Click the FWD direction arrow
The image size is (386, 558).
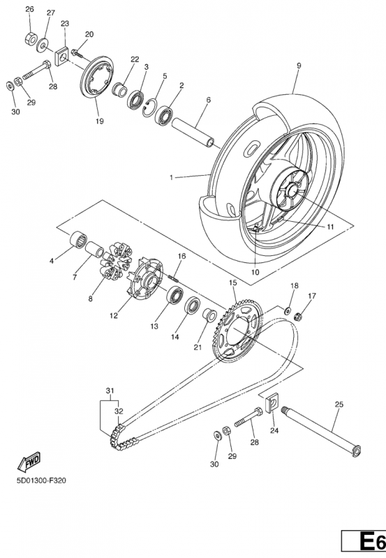29,462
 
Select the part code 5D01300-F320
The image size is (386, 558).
41,481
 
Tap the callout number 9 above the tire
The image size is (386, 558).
299,66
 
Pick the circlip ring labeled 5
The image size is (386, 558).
150,107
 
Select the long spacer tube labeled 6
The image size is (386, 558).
194,133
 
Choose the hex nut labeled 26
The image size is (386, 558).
31,38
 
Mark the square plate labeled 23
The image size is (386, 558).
61,56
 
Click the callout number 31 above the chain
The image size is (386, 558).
110,391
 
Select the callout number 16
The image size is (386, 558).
181,256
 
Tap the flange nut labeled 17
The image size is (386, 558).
297,315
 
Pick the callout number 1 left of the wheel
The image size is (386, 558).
171,177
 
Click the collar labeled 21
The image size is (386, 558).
209,315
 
